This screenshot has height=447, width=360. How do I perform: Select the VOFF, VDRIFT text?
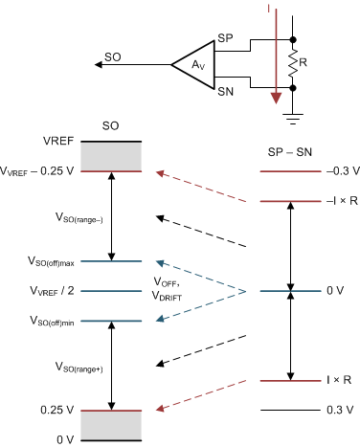[x=172, y=290]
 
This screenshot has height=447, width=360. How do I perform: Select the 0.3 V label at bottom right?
[x=336, y=410]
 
